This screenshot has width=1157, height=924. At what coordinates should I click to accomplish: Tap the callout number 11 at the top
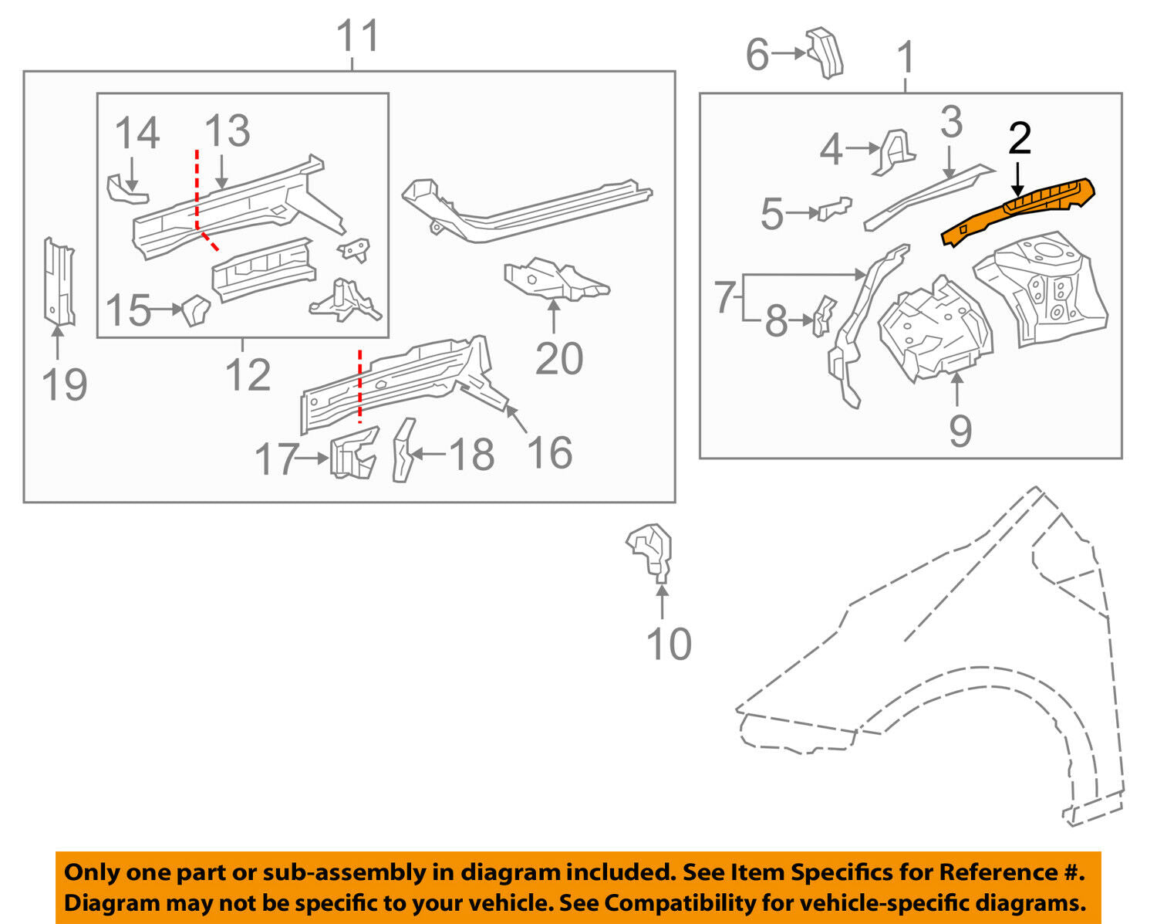pos(359,36)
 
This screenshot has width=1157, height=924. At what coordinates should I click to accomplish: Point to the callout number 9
pos(960,430)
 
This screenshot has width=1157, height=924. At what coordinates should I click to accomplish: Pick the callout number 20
pos(559,359)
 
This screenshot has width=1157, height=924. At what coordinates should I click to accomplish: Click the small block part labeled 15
pos(196,310)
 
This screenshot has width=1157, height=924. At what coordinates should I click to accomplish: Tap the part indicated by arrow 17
pos(354,454)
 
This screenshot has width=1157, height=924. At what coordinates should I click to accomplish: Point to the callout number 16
pos(549,453)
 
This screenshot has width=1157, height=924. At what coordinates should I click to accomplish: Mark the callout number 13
pos(228,130)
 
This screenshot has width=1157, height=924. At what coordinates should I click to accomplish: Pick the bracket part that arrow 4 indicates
pos(895,151)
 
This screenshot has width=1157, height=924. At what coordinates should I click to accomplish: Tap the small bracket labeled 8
pos(823,316)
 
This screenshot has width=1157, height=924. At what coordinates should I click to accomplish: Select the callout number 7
pos(723,298)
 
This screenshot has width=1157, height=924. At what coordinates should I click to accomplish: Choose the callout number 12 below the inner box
pos(248,376)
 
